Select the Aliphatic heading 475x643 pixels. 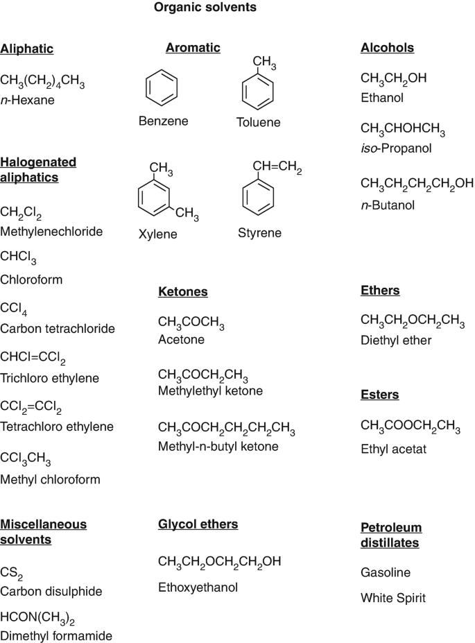tap(27, 49)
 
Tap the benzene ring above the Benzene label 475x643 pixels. tap(162, 89)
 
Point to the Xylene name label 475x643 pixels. tap(157, 234)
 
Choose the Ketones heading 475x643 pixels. tap(183, 292)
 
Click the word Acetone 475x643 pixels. tap(181, 340)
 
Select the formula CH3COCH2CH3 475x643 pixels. tap(203, 376)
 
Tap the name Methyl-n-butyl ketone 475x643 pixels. tap(218, 447)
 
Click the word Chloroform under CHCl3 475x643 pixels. tap(31, 280)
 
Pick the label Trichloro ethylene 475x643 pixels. tap(50, 379)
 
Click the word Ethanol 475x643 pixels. tap(382, 98)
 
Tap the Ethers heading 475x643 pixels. tap(380, 291)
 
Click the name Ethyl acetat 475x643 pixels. tap(393, 449)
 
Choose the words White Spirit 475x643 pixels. tap(393, 598)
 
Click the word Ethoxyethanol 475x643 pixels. tap(198, 588)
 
